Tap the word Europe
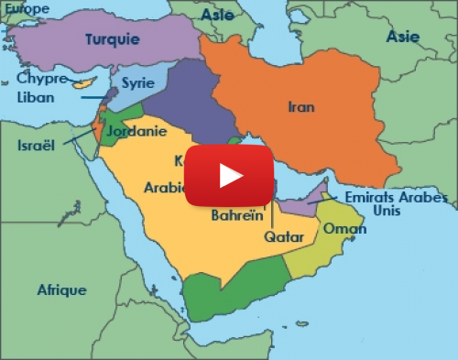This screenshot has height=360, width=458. tap(26, 7)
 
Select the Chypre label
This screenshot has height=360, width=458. tap(41, 78)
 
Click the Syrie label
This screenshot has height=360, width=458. tap(137, 82)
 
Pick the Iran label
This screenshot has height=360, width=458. tap(301, 106)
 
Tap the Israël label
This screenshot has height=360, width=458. tap(37, 145)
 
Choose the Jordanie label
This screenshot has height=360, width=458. tap(136, 131)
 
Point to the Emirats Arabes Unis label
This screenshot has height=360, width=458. tap(397, 203)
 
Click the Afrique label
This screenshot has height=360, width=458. tap(61, 290)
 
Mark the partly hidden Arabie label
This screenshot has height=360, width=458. tap(165, 188)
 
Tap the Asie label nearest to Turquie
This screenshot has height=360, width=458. tap(218, 15)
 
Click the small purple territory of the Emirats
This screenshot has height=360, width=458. tap(302, 202)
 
